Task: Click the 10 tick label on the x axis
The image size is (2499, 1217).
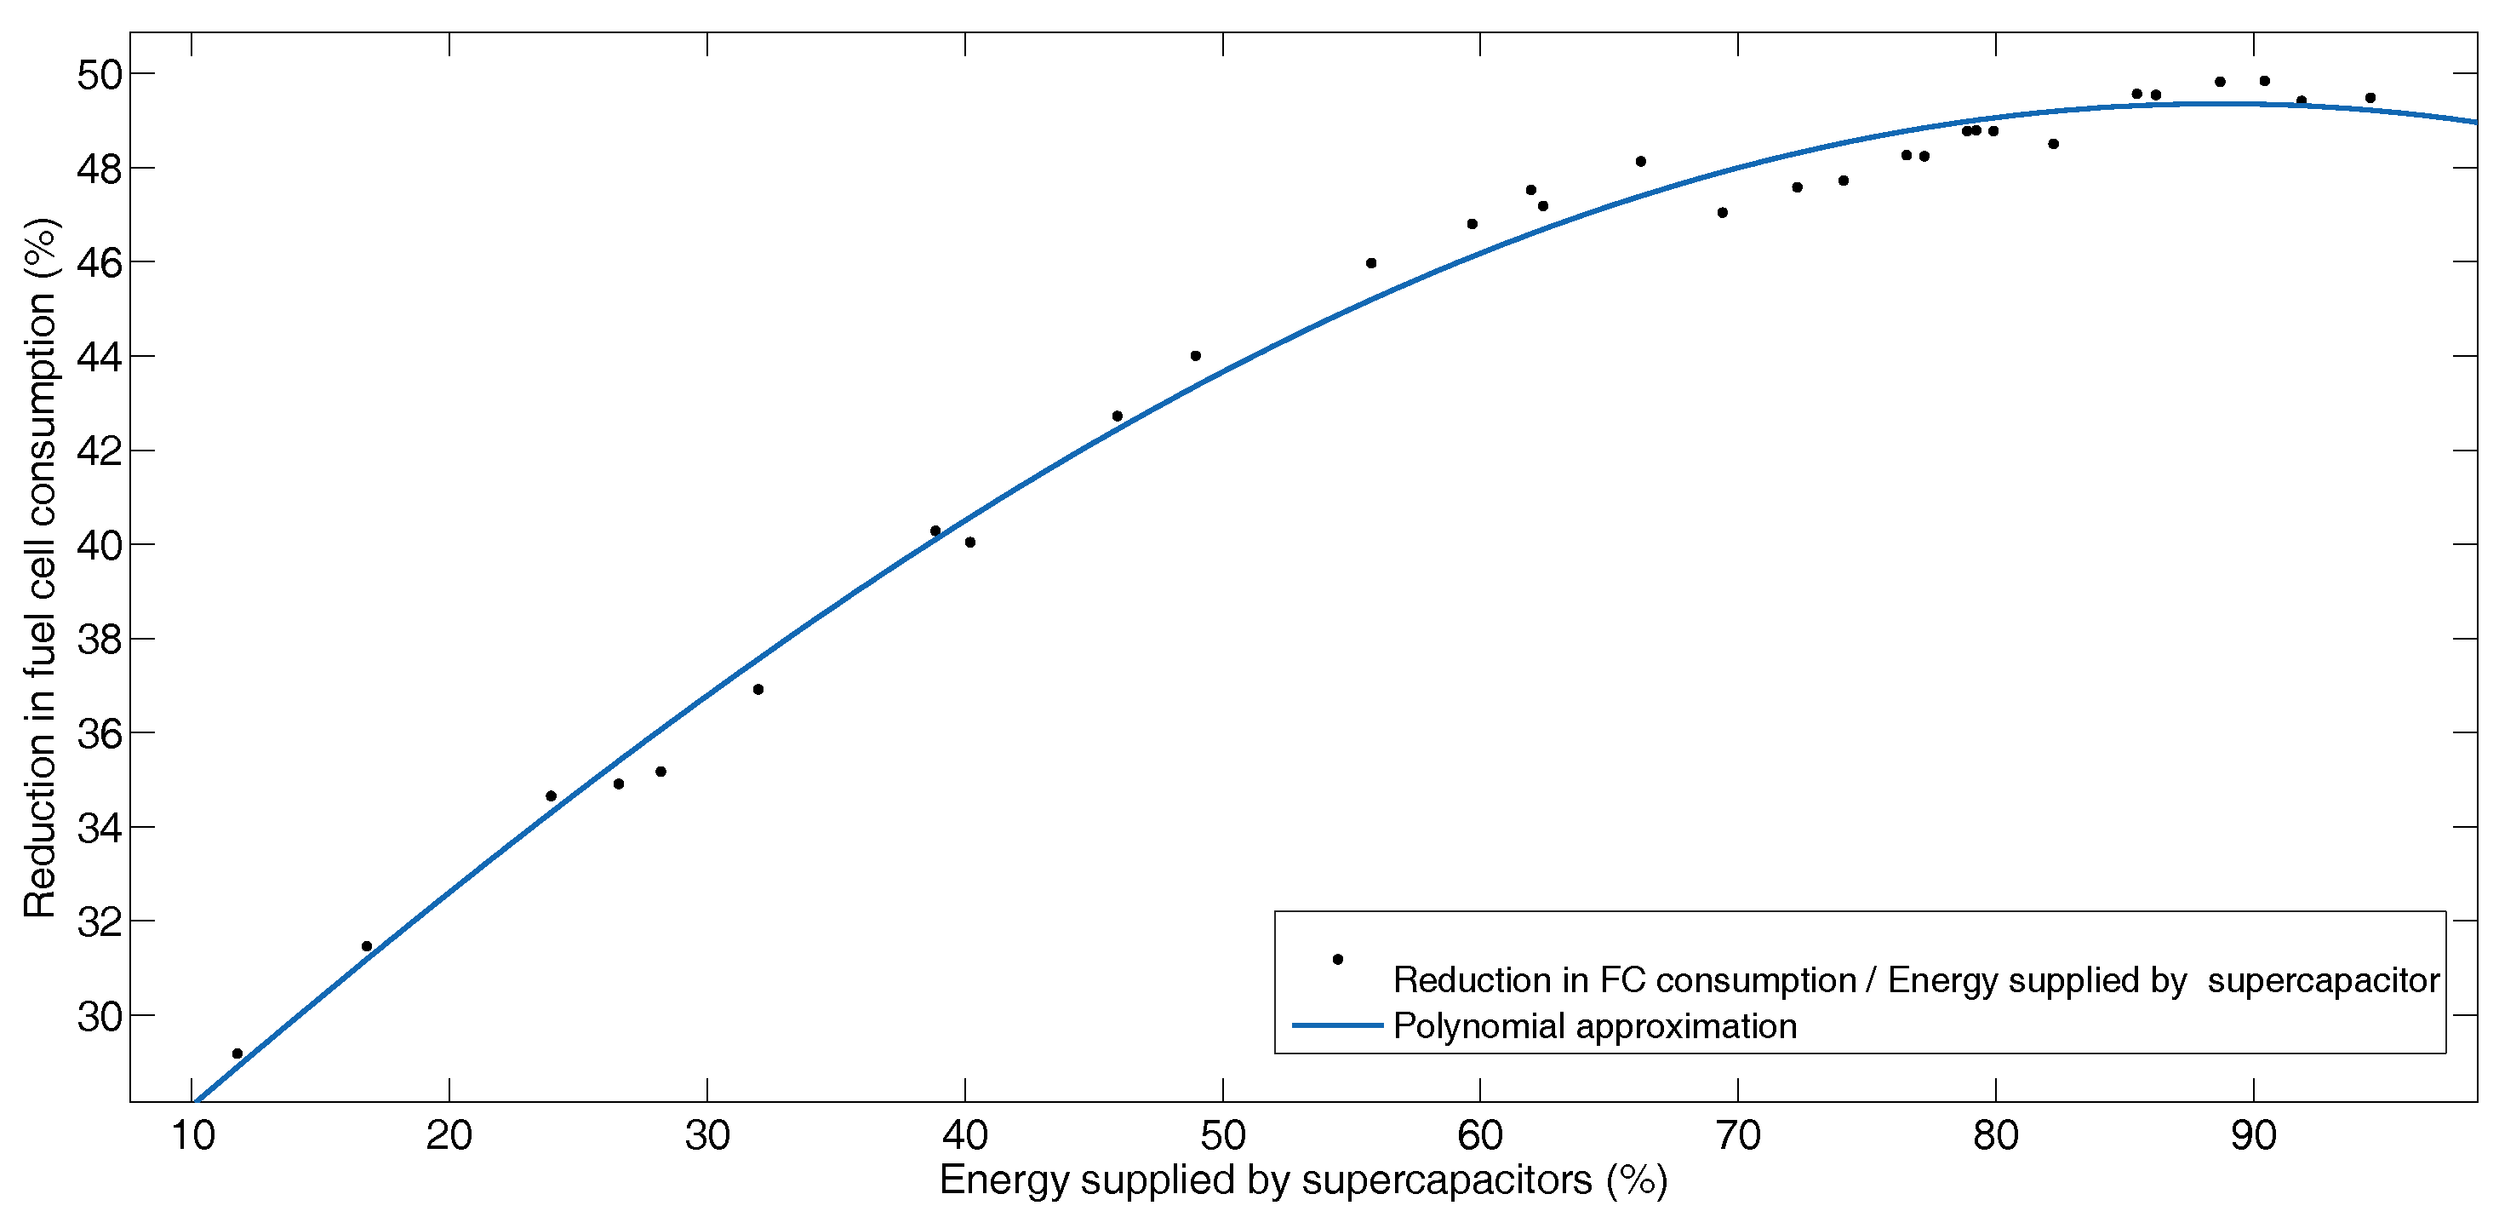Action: point(192,1135)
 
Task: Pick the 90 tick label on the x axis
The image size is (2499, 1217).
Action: point(2253,1135)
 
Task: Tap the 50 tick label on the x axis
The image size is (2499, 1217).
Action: point(1222,1135)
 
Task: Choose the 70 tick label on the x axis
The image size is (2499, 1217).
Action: point(1737,1135)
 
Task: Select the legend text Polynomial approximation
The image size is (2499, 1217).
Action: point(1595,1027)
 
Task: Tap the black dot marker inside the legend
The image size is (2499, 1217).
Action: point(1338,960)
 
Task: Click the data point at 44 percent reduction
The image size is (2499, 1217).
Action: point(1195,356)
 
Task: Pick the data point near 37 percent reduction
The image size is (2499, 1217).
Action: point(758,690)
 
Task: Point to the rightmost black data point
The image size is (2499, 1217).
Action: point(2370,98)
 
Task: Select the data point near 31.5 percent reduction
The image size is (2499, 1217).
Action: point(367,946)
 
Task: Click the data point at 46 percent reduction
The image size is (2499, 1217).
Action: point(1370,263)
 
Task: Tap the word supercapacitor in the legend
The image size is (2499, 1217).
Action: point(2324,981)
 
